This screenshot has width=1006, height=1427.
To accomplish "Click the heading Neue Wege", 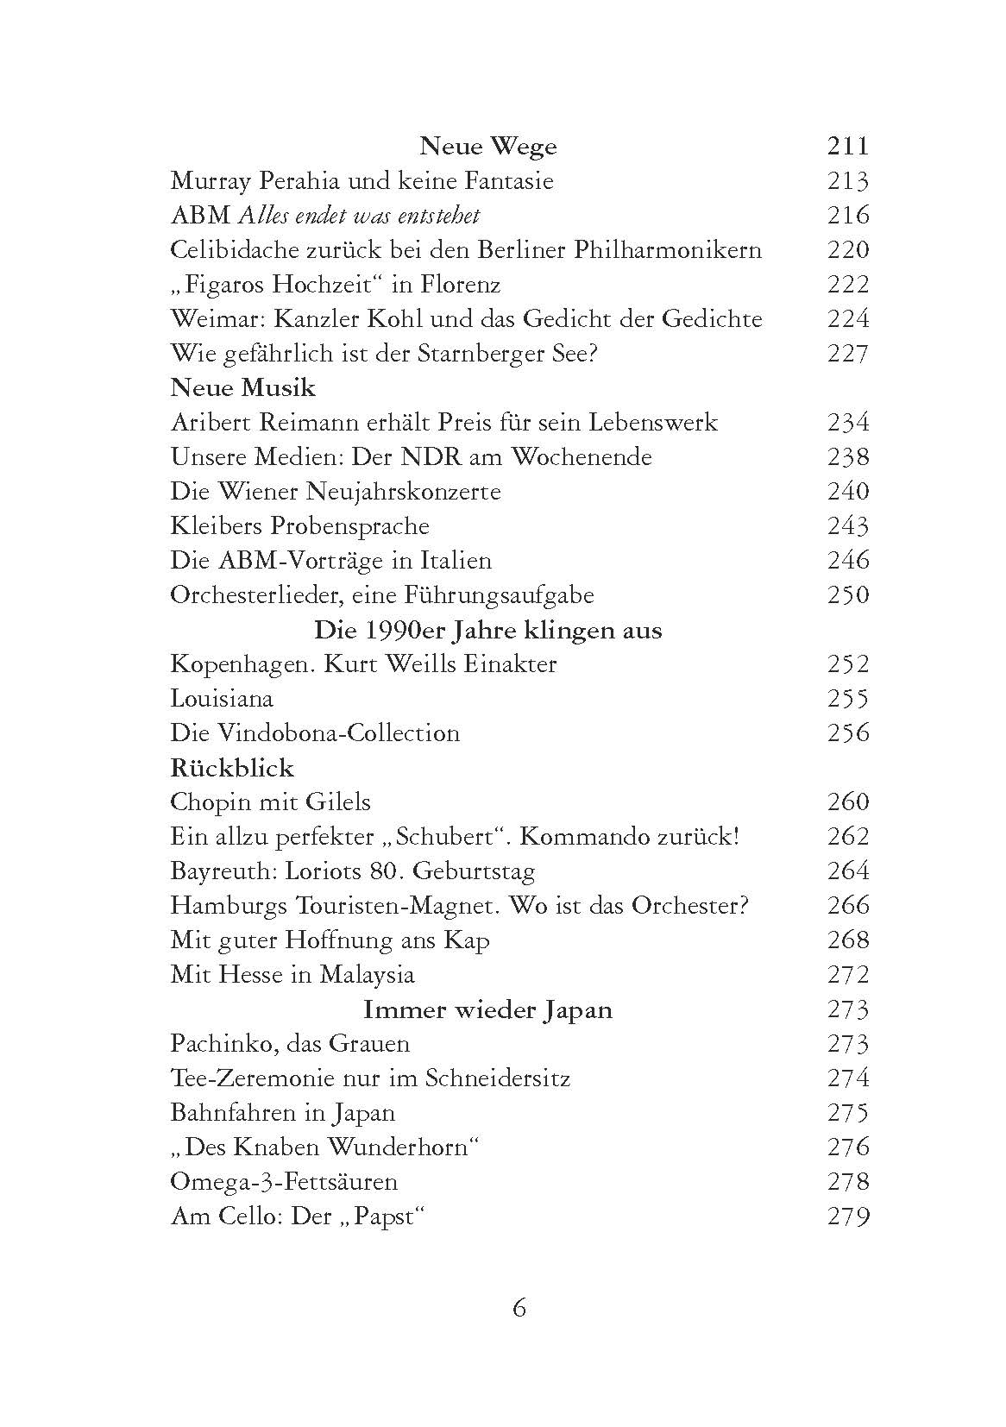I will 487,147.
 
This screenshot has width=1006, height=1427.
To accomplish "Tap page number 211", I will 847,147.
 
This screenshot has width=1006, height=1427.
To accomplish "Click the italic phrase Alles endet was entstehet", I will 358,216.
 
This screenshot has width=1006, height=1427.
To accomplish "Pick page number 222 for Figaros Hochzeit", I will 847,285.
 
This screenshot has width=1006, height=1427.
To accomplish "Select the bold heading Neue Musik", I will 242,388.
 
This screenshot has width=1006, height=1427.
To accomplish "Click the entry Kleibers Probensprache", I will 299,526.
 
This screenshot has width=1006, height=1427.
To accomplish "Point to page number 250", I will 847,595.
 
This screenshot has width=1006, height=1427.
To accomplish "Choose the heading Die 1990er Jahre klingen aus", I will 487,630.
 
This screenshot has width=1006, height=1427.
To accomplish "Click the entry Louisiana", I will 222,699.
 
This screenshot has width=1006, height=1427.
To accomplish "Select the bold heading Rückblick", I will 232,768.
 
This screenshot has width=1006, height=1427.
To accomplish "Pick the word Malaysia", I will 367,975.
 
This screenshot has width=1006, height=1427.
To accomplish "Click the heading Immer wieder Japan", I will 487,1009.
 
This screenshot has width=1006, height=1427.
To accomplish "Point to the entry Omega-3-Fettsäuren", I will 284,1182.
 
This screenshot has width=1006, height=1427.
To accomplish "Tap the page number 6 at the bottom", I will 519,1309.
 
